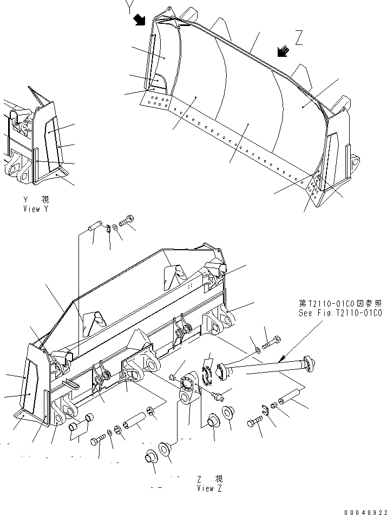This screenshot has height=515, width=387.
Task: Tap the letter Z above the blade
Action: (x=299, y=36)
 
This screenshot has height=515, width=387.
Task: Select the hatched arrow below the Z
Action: (x=283, y=51)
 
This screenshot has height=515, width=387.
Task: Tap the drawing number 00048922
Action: (x=364, y=509)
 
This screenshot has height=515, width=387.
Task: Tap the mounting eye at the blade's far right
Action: (x=355, y=161)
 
